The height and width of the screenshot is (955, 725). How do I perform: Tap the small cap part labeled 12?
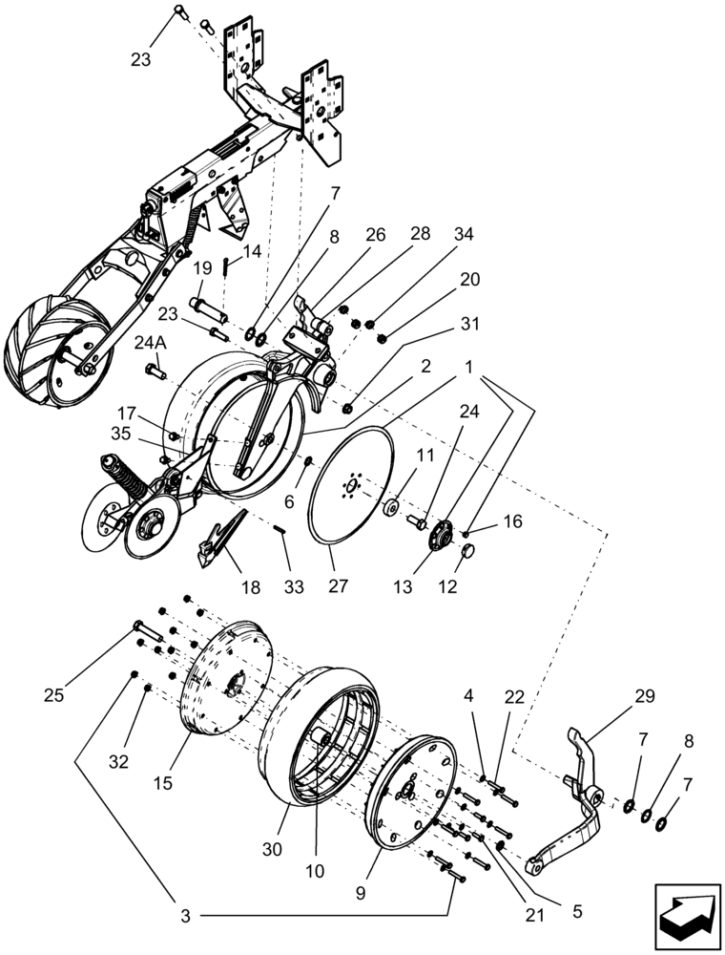click(469, 551)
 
